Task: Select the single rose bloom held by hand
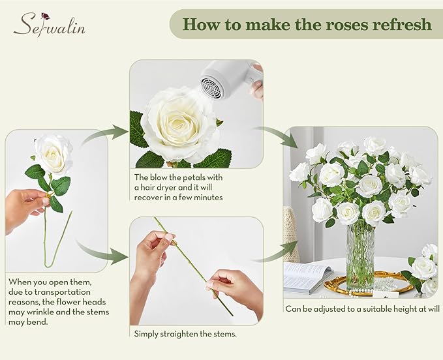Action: (x=53, y=154)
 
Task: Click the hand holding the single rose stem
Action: (x=25, y=209)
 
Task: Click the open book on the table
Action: (x=307, y=278)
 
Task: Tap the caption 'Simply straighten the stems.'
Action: (x=185, y=333)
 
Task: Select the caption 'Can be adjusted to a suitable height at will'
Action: (x=363, y=308)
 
